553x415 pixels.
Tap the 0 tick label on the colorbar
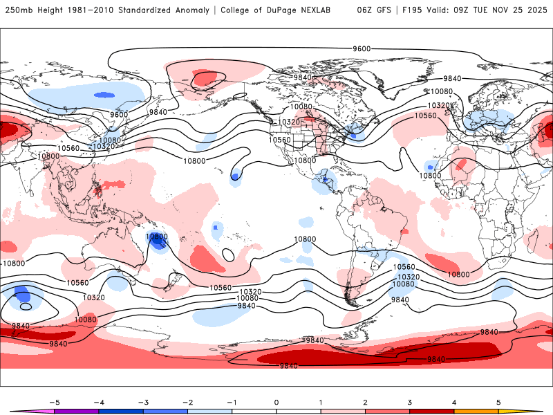click(276, 402)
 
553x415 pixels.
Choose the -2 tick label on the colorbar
click(187, 402)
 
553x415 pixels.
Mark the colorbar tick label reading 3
click(410, 402)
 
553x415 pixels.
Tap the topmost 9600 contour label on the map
click(362, 48)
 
